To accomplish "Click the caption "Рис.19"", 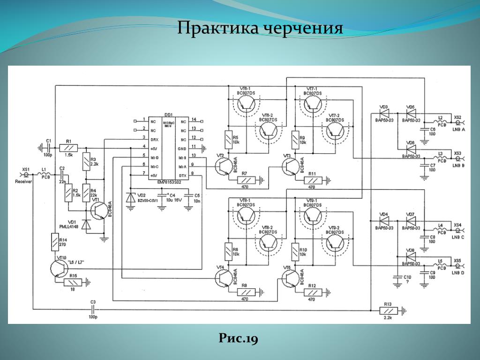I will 239,339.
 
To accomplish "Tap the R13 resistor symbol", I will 388,310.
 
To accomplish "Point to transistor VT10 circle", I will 59,268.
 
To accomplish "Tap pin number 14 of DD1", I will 193,120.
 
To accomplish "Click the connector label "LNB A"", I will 458,130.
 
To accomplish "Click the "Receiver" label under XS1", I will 23,181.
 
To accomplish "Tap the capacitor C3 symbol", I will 93,309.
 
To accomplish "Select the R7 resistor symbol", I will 244,180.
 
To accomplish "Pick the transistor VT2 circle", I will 224,166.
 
